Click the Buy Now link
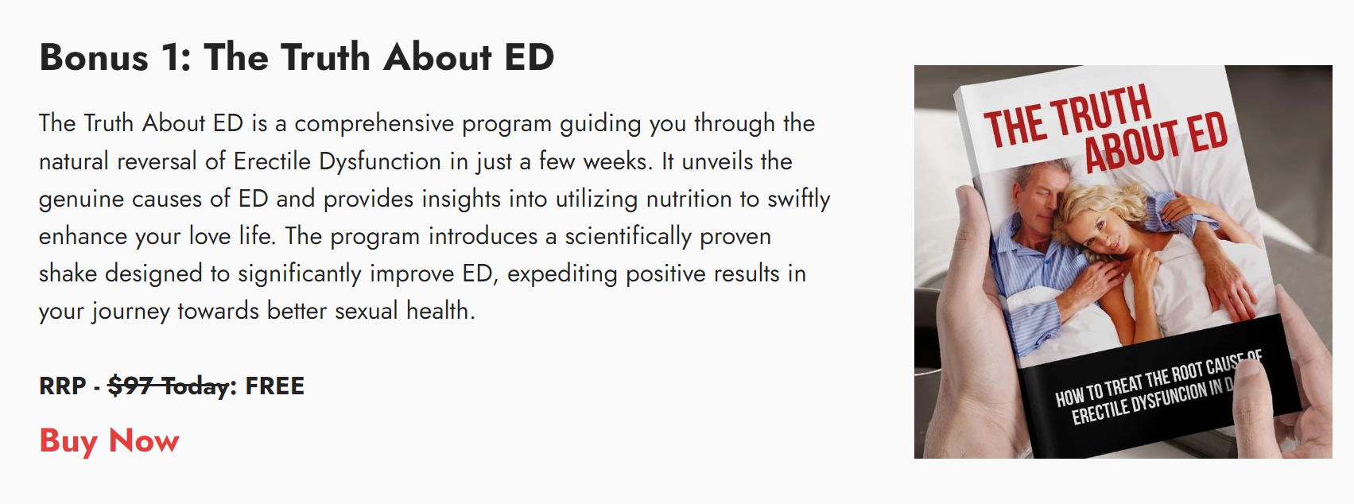coord(110,441)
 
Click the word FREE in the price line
coord(274,386)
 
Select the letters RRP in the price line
coord(62,386)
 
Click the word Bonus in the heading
coord(94,57)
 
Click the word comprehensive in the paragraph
coord(374,124)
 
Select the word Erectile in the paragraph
coord(271,161)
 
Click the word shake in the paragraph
coord(68,273)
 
